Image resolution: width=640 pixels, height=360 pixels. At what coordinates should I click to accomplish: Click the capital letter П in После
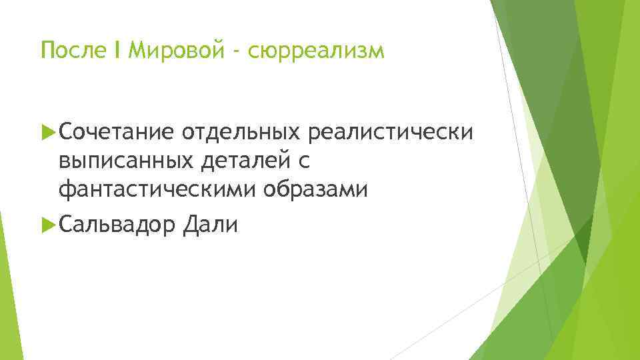47,51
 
